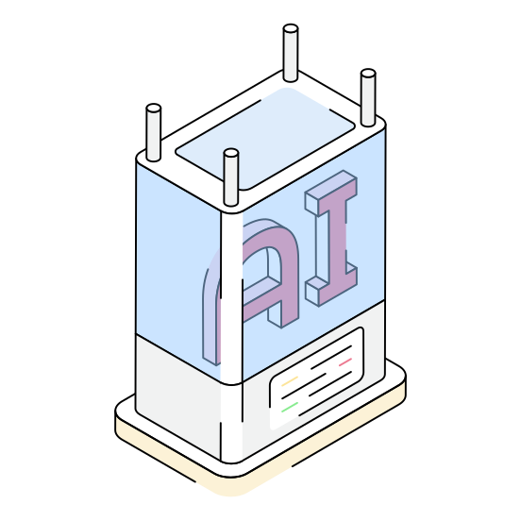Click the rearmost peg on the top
click(291, 53)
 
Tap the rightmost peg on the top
click(368, 97)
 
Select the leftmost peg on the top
click(154, 132)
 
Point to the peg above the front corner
click(231, 177)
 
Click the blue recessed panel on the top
click(265, 139)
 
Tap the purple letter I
click(331, 238)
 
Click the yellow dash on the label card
click(290, 381)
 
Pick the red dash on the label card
click(345, 362)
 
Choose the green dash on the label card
click(290, 407)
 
